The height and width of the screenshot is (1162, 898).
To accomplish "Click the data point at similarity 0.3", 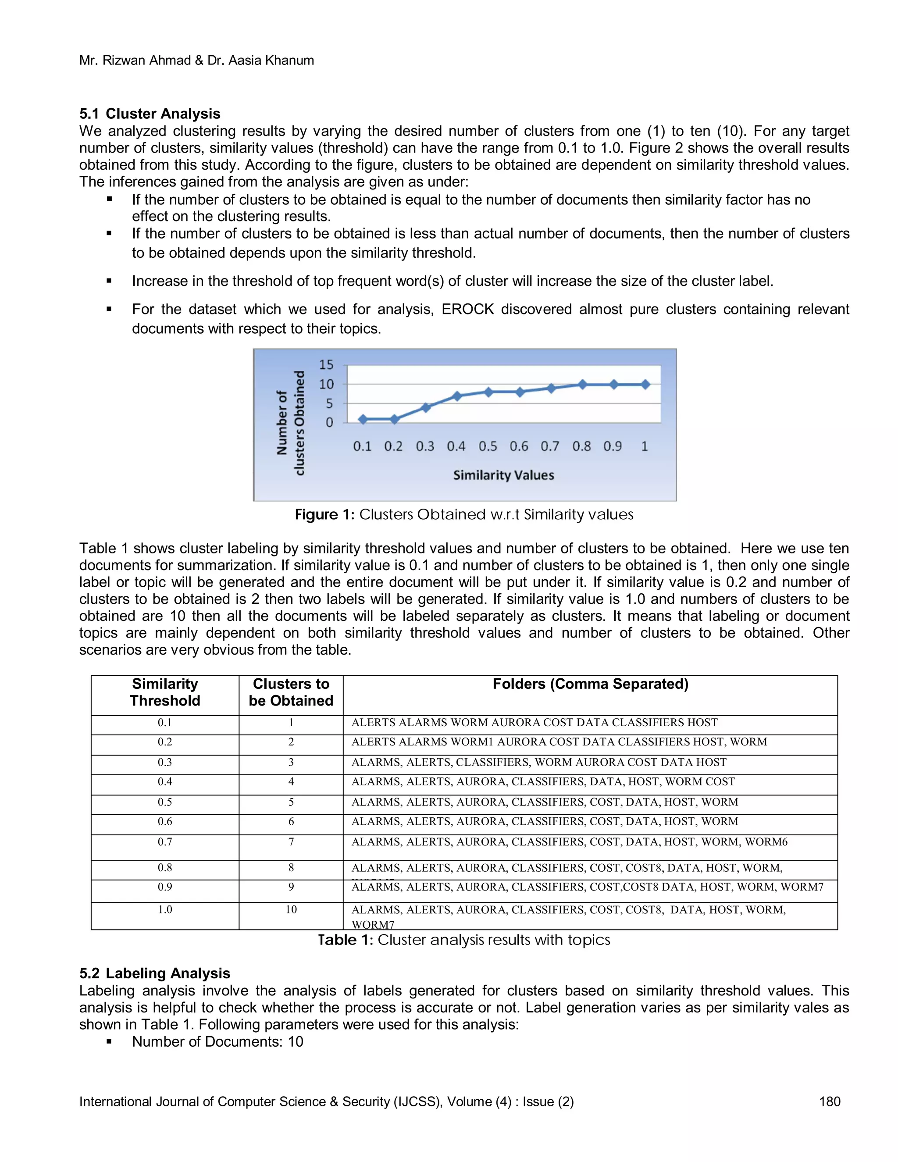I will tap(426, 407).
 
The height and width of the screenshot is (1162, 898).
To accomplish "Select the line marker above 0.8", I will tap(583, 384).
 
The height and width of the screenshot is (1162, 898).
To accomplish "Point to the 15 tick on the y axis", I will tap(326, 365).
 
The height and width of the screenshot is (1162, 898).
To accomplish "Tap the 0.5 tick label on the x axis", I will tap(487, 446).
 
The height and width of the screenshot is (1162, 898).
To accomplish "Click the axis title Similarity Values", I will tap(503, 475).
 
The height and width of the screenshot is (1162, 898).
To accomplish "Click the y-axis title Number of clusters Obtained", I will tap(291, 423).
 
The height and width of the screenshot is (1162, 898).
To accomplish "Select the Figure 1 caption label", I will tap(324, 514).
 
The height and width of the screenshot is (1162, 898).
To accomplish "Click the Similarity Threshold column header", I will tap(165, 692).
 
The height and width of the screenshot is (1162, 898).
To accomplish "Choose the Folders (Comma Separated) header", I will tap(590, 684).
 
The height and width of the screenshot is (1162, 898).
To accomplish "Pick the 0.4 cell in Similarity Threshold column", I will tap(165, 781).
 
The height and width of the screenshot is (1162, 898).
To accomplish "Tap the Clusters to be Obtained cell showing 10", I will tap(291, 909).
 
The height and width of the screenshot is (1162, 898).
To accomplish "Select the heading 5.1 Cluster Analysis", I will tap(150, 114).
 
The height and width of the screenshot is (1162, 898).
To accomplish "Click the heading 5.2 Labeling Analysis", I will tap(154, 973).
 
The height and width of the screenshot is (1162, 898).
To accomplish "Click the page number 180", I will tap(829, 1101).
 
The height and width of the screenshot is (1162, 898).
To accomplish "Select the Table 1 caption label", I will tap(346, 940).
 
